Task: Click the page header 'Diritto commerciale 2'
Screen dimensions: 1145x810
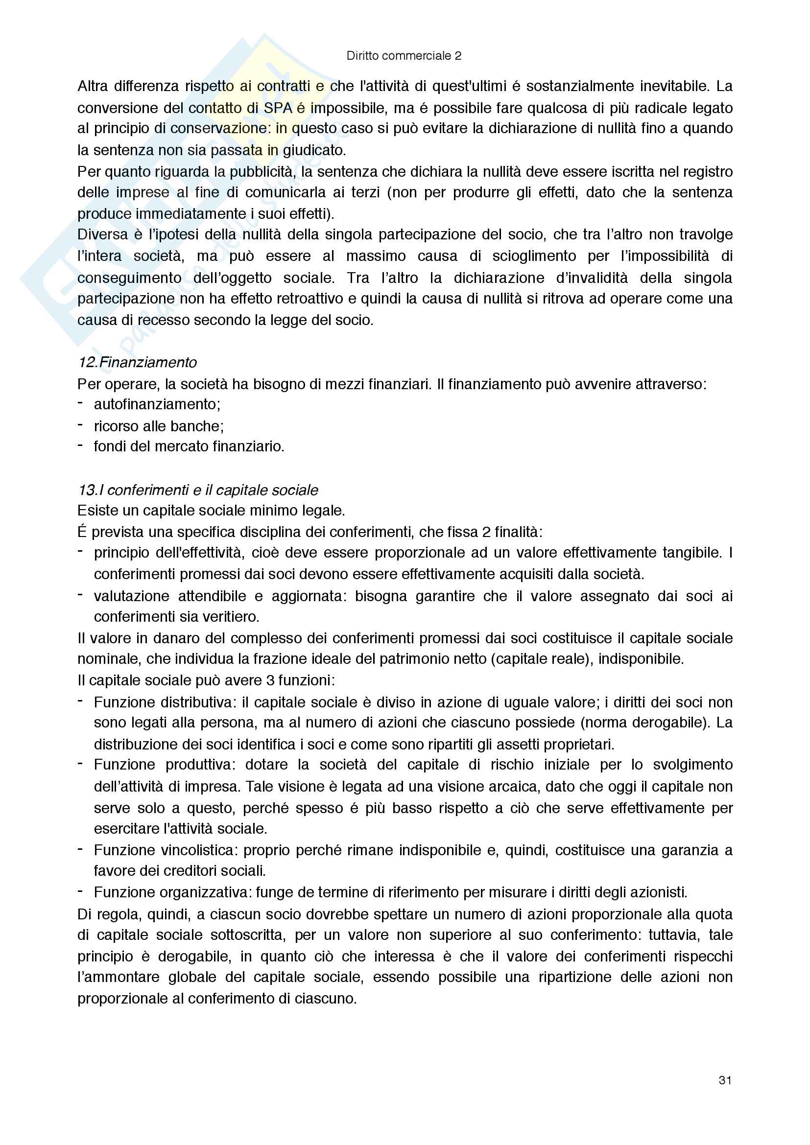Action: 404,56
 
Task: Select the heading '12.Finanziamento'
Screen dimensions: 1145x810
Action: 138,362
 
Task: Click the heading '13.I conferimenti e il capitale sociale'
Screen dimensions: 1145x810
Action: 198,490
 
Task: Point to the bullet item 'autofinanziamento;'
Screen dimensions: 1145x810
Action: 157,404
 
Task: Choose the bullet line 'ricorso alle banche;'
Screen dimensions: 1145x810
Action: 159,426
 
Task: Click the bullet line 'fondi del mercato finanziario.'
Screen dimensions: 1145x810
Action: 189,446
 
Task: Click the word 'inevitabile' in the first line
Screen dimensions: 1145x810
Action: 672,86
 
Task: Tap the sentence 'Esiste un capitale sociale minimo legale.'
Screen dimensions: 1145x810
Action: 211,511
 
